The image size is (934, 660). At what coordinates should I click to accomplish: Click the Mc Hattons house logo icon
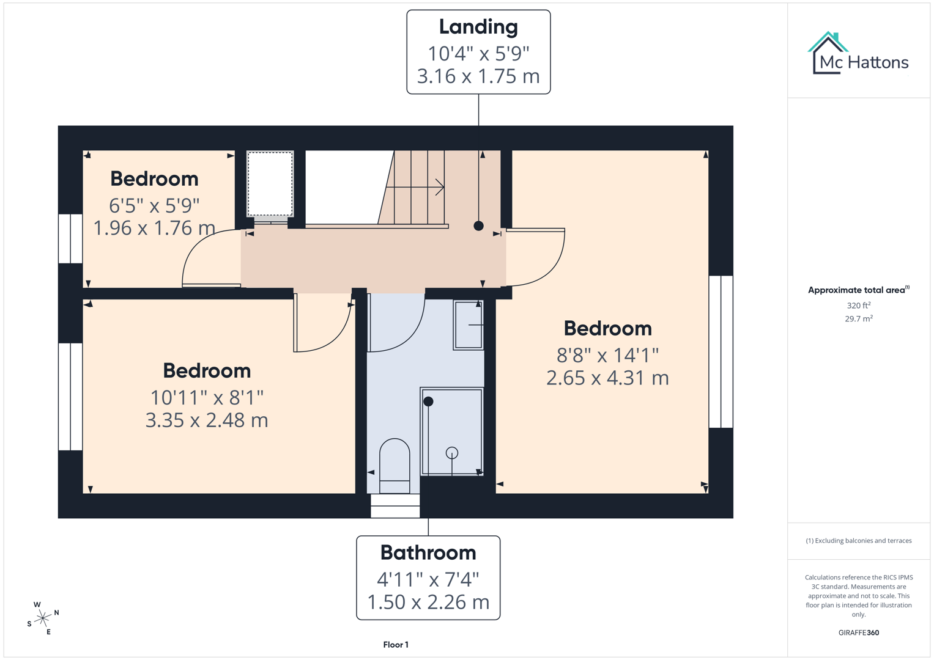click(828, 53)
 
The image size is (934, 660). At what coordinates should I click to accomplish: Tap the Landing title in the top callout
click(478, 27)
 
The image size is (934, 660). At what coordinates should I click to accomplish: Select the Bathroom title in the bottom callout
click(428, 552)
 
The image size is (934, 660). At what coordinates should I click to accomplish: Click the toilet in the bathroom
click(395, 464)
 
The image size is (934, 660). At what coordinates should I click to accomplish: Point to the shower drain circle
click(452, 453)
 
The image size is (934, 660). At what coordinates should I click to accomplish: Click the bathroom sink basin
click(469, 325)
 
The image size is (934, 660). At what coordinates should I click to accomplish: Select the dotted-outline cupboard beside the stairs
click(270, 183)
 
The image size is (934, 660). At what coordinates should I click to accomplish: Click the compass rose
click(43, 618)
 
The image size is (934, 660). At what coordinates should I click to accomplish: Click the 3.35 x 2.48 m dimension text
click(207, 420)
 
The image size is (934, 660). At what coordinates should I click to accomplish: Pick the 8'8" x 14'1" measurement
click(607, 355)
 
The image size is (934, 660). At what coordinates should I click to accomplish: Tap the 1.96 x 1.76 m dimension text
click(154, 228)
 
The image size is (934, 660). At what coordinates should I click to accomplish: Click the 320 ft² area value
click(859, 306)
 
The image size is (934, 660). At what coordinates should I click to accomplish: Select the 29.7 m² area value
click(859, 319)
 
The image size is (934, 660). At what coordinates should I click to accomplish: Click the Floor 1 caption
click(396, 645)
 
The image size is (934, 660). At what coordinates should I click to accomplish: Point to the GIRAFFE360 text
click(859, 632)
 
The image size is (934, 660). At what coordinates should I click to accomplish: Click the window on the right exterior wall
click(721, 351)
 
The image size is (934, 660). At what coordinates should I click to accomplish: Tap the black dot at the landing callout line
click(478, 226)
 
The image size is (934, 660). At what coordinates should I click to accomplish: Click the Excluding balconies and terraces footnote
click(859, 541)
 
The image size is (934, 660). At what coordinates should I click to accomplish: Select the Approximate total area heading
click(858, 290)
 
